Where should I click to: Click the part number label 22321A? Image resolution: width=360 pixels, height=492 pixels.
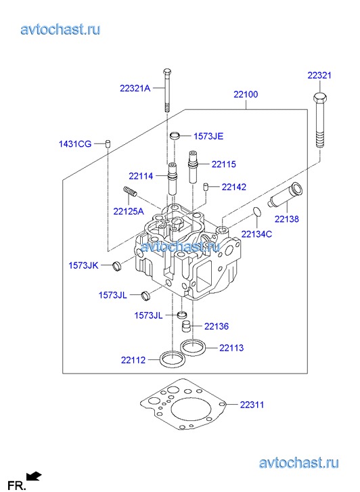[x=135, y=89]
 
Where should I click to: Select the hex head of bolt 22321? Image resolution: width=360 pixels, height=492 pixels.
[x=320, y=97]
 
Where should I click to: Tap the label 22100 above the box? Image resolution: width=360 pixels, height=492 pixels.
[x=246, y=95]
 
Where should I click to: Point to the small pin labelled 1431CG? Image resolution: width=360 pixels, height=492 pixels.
[x=108, y=143]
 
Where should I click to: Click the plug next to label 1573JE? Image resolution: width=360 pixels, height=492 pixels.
[x=175, y=136]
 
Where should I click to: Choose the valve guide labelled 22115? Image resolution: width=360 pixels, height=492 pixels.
[x=192, y=166]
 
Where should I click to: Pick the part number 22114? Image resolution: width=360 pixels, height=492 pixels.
[x=141, y=177]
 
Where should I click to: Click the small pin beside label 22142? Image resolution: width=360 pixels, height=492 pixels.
[x=206, y=186]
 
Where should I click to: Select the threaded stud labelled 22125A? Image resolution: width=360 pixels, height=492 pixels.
[x=130, y=191]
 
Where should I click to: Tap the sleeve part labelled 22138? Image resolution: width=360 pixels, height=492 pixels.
[x=285, y=194]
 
